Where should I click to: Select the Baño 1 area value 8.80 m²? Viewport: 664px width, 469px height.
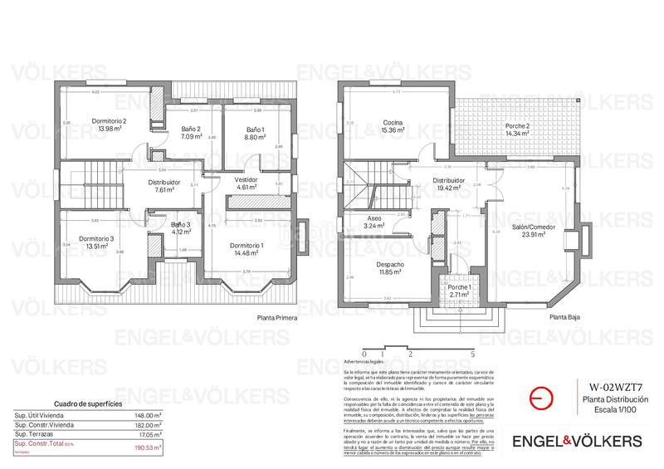click(255, 138)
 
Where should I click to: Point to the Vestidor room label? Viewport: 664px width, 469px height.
click(246, 179)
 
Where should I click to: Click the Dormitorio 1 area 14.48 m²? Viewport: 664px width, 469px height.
click(246, 253)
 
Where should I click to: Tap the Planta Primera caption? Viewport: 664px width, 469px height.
click(277, 317)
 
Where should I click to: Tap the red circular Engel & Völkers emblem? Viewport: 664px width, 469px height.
click(539, 398)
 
